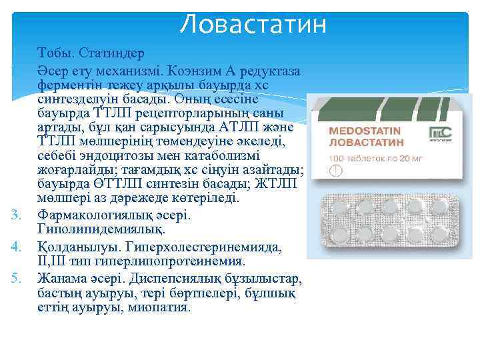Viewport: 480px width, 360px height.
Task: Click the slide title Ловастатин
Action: [254, 25]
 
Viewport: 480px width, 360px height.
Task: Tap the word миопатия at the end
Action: [157, 308]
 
